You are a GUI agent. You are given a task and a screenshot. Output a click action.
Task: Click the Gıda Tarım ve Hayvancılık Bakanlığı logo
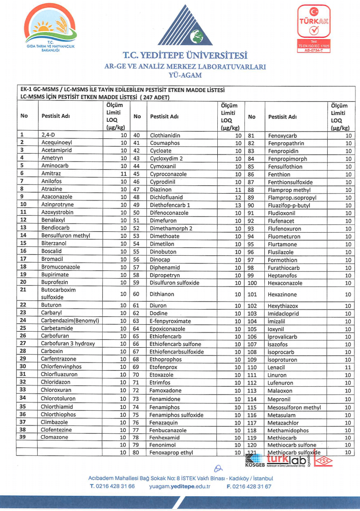click(x=51, y=29)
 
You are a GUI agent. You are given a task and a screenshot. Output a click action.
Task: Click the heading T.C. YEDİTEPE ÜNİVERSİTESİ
click(x=185, y=56)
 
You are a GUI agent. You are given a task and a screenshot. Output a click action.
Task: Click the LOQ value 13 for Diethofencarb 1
click(x=238, y=205)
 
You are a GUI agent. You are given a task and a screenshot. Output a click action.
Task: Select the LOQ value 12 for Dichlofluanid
click(x=238, y=197)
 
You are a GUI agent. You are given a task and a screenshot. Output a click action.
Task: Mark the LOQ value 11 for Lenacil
click(x=348, y=368)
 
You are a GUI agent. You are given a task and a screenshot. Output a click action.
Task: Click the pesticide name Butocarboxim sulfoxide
click(x=58, y=294)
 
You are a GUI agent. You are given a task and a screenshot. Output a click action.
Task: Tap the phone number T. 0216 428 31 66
click(x=112, y=486)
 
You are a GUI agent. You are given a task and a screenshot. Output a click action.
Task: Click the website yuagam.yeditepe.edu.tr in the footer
click(x=180, y=486)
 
